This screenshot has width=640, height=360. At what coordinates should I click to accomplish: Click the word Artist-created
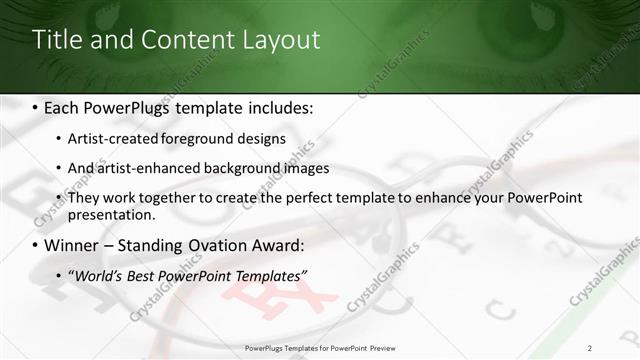click(x=111, y=139)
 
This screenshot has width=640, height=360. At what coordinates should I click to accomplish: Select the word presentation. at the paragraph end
click(x=111, y=215)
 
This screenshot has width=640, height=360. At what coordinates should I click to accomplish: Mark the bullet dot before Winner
click(x=36, y=246)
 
